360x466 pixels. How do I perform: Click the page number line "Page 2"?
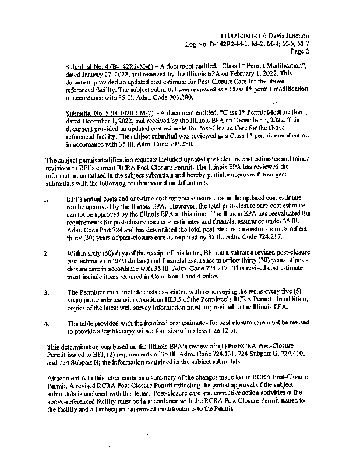[x=299, y=51]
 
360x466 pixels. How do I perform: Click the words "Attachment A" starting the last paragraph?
[x=65, y=378]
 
